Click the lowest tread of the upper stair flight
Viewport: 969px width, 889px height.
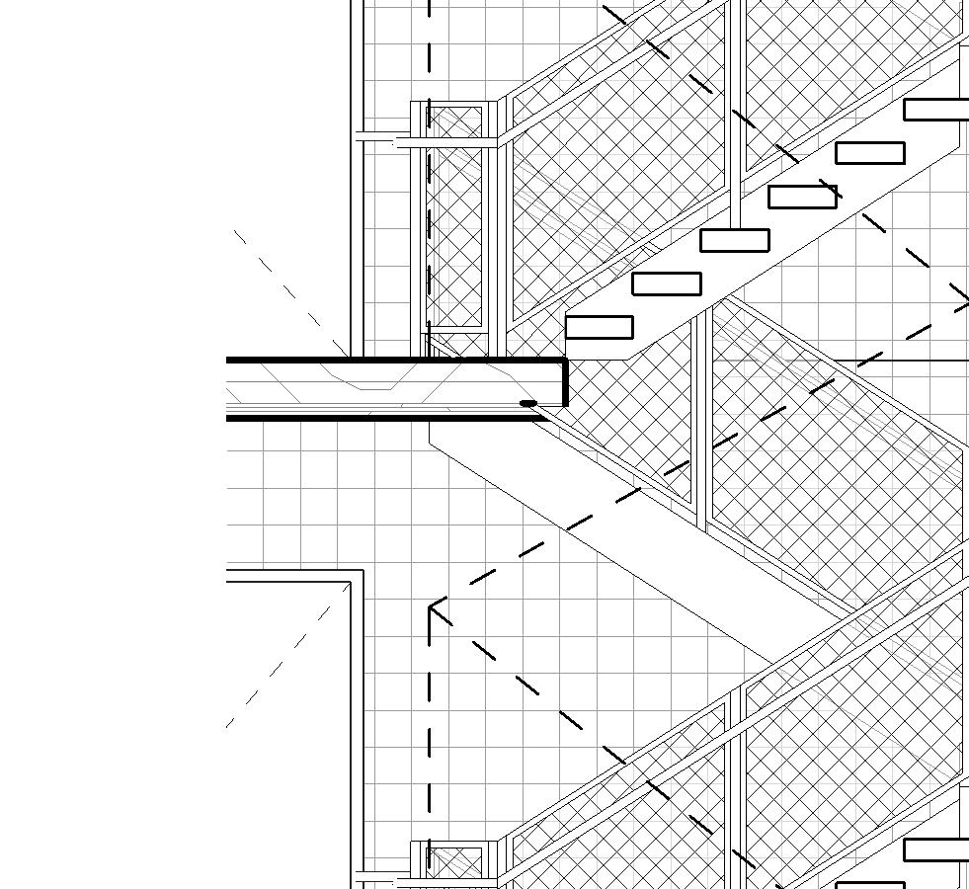pos(599,327)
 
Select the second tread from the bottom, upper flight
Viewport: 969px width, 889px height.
pos(666,283)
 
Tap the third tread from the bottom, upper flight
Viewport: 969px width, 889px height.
pos(734,240)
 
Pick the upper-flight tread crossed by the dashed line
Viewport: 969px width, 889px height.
pos(802,197)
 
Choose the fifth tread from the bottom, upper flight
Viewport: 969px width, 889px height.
pos(869,153)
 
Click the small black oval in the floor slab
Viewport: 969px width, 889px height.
pos(528,403)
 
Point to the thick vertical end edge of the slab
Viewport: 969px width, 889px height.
pos(565,382)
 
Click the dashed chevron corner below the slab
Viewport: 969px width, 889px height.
pos(431,606)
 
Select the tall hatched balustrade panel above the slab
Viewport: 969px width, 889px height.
pos(455,217)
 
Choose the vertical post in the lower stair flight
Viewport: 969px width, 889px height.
pos(736,780)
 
